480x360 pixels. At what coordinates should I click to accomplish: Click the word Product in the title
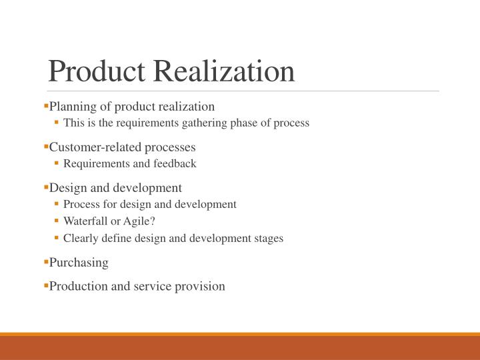(x=92, y=71)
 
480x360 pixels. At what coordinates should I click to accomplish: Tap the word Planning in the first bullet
(x=71, y=107)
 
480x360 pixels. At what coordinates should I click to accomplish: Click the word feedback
(x=175, y=163)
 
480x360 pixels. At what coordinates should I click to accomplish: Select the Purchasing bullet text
(x=79, y=263)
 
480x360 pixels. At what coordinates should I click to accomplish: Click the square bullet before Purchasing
(x=46, y=262)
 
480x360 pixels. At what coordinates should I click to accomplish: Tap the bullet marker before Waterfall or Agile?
(x=57, y=221)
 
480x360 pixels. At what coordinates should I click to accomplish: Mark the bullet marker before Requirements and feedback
(x=57, y=163)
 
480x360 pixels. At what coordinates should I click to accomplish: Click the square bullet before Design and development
(x=46, y=187)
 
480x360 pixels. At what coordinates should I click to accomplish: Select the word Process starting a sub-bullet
(x=81, y=204)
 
